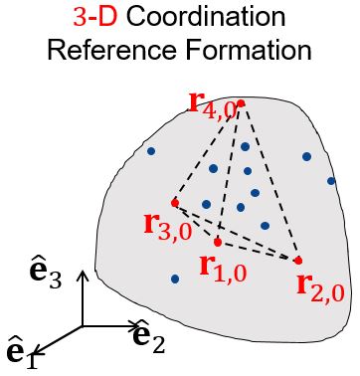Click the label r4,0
(x=211, y=101)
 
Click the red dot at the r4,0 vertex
(x=241, y=102)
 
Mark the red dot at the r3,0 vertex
(x=174, y=203)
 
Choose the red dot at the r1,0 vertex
(x=218, y=242)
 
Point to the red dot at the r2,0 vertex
(x=297, y=261)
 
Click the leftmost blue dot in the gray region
(x=151, y=151)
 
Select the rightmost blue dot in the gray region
(x=331, y=181)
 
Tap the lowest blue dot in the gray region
(x=175, y=279)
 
